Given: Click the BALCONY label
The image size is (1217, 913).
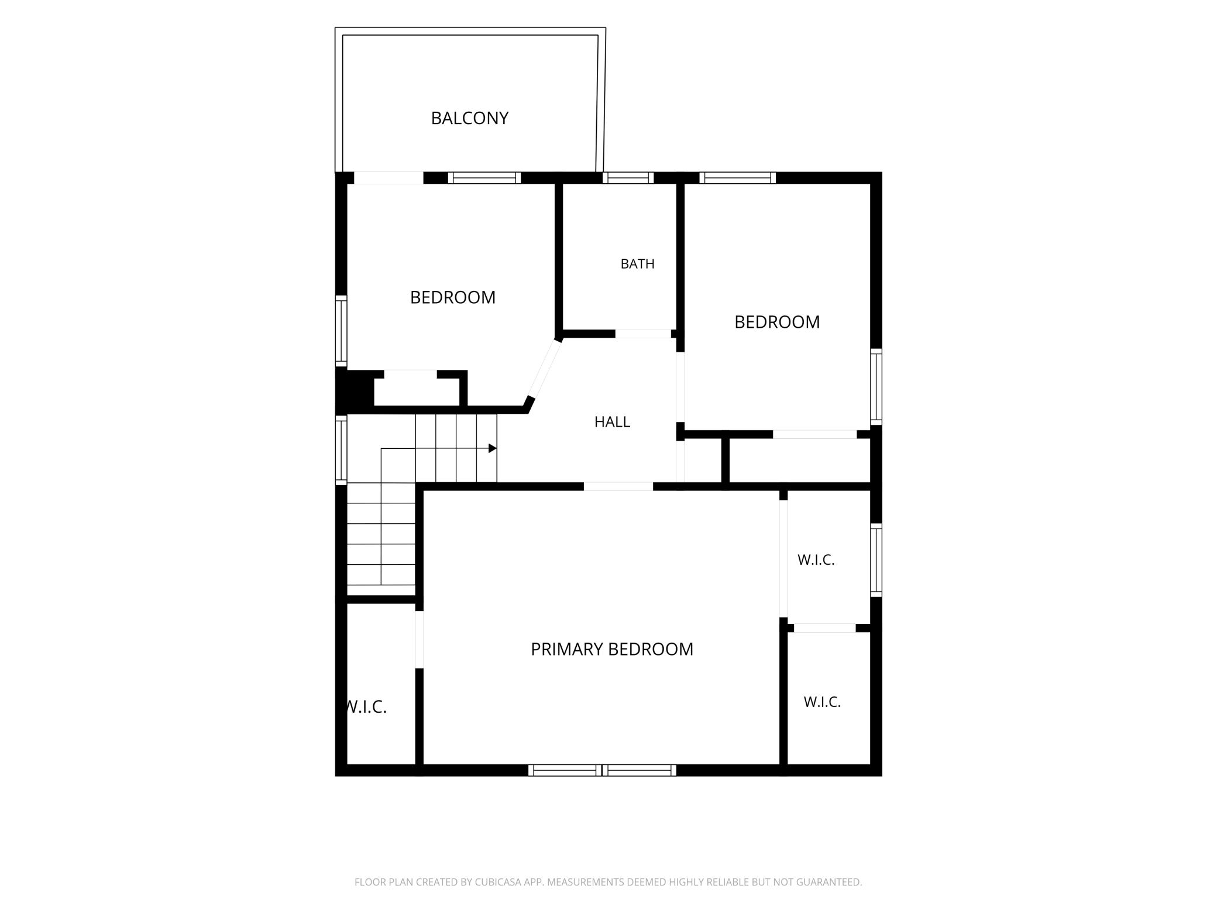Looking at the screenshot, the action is (x=469, y=118).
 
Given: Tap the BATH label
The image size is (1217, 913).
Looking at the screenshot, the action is (x=637, y=264).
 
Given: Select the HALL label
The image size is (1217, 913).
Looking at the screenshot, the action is (x=612, y=422).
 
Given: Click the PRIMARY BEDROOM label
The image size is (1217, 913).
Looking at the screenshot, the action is (x=611, y=649).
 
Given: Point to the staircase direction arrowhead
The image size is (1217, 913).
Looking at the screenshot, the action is (x=493, y=448).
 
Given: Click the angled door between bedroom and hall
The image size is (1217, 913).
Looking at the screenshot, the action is (x=545, y=369).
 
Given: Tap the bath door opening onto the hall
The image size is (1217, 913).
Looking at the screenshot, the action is (x=643, y=334).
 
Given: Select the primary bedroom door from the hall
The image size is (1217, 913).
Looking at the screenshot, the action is (x=618, y=486).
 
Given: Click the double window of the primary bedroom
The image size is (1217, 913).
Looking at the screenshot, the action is (x=602, y=770).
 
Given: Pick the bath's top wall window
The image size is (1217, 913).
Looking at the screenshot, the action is (x=628, y=178).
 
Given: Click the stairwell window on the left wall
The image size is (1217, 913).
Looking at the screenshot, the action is (x=341, y=449).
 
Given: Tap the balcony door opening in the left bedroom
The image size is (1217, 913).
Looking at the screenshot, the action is (x=389, y=178).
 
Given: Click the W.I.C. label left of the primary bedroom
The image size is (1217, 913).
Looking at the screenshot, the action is (x=366, y=708).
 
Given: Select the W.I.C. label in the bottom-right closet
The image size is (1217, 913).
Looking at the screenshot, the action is (x=822, y=702).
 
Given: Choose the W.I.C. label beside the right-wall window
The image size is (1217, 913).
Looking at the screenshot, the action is (x=816, y=560).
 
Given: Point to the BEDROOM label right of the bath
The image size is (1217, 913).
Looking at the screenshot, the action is (x=777, y=322).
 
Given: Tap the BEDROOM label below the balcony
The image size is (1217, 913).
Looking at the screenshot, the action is (x=453, y=297).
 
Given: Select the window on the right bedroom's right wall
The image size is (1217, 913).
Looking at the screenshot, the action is (x=876, y=387).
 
